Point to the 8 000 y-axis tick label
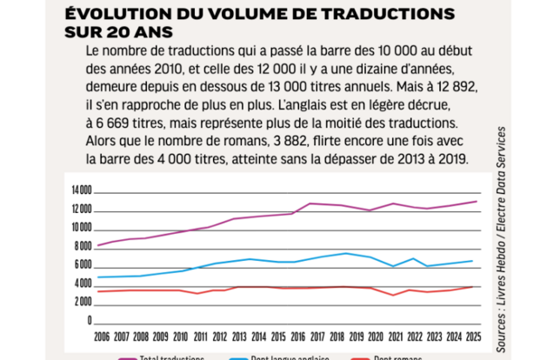click(x=83, y=246)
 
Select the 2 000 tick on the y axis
click(x=83, y=303)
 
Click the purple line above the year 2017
click(x=310, y=203)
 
